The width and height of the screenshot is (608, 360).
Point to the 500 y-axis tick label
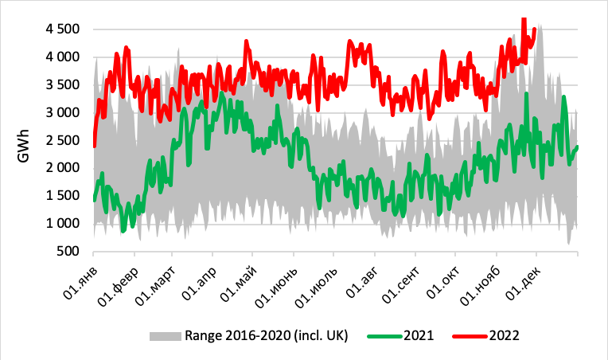click(x=67, y=251)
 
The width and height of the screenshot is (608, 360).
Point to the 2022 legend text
click(x=505, y=335)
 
